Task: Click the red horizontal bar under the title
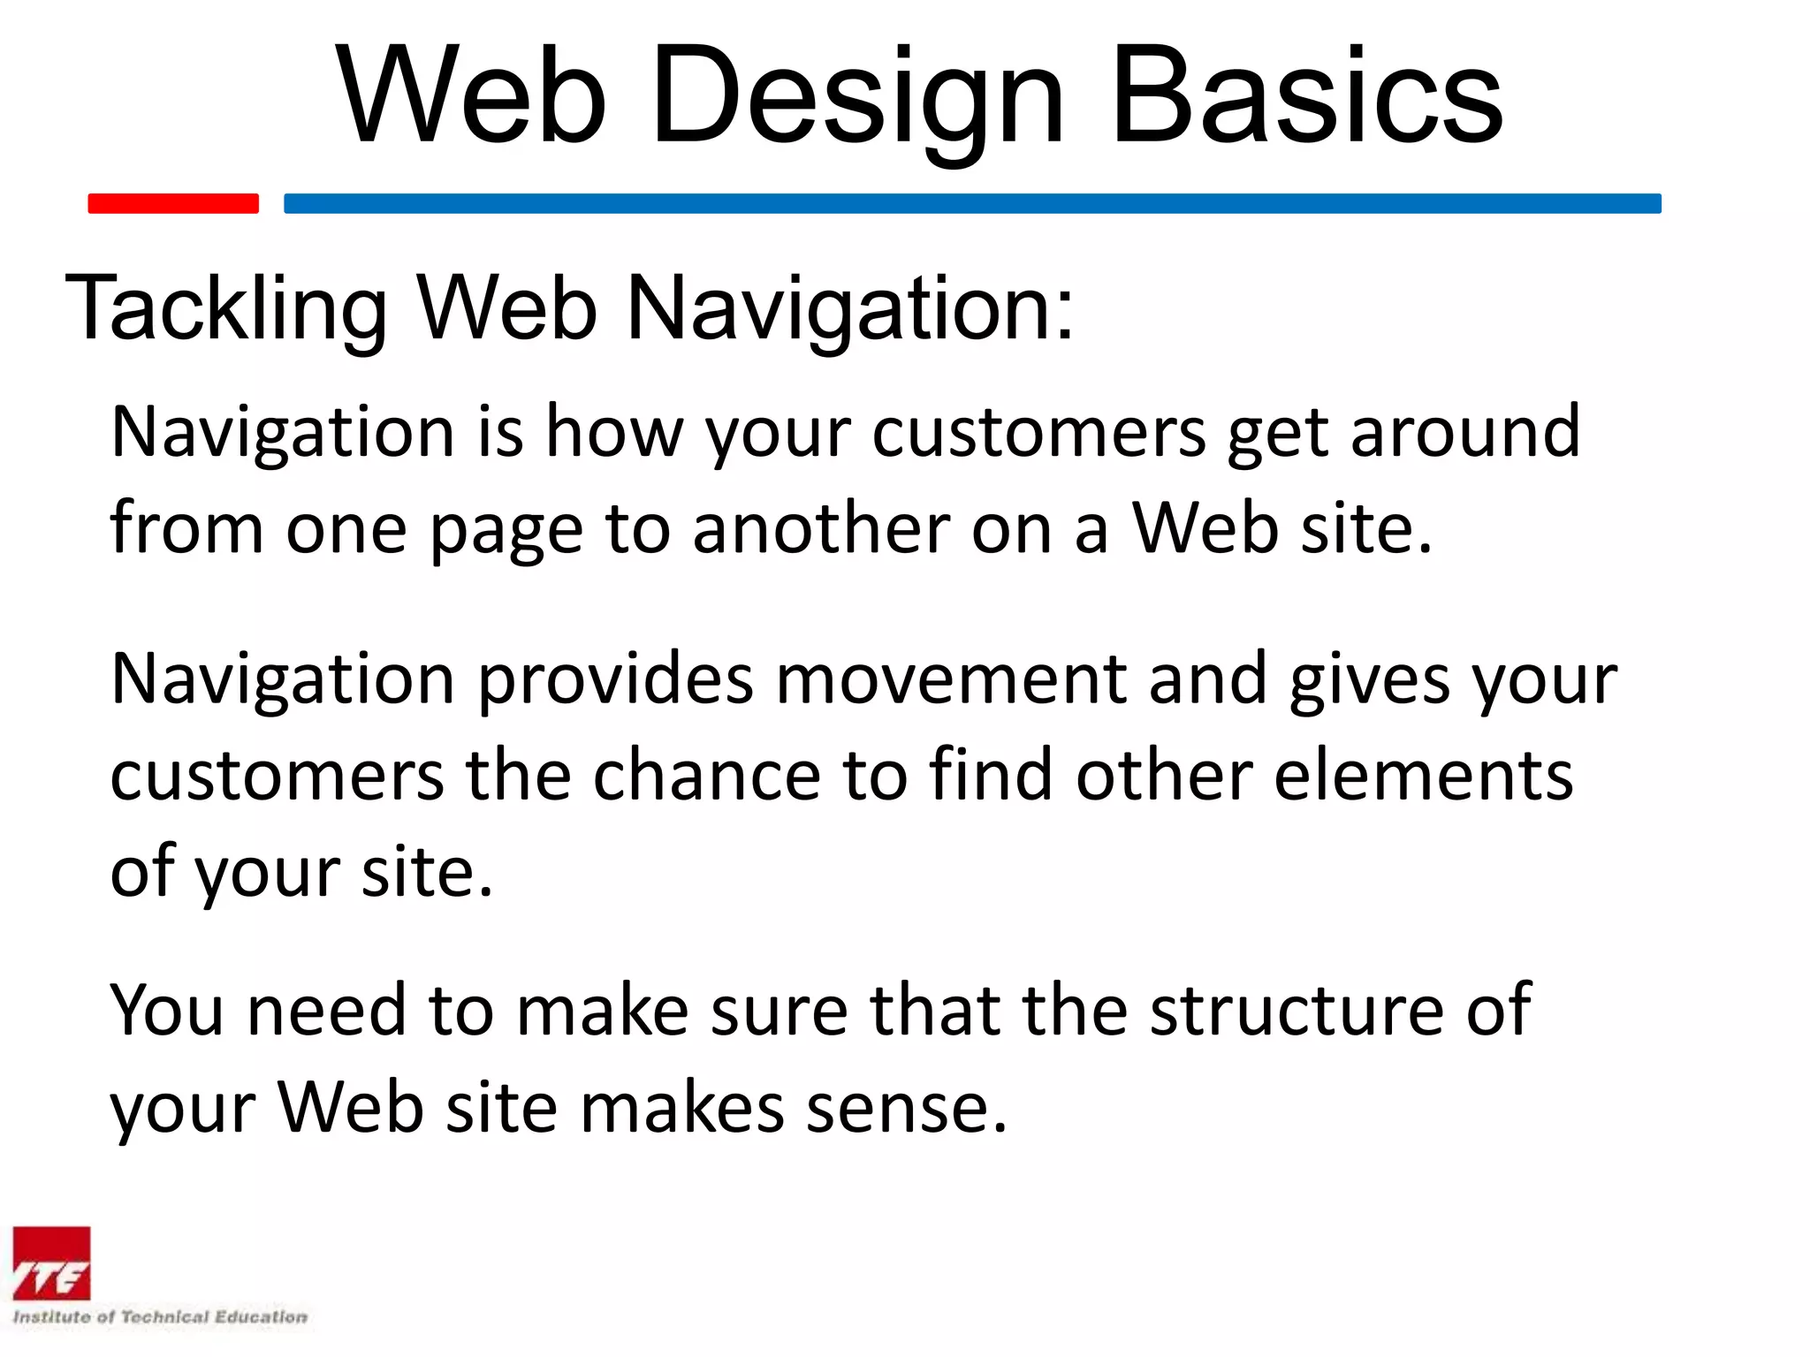173,203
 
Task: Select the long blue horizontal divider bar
972,203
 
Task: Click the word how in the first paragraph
613,433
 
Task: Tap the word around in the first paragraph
1464,433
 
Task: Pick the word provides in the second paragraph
616,680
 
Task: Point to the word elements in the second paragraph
1423,776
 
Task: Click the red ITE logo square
51,1263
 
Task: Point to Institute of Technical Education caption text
160,1317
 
